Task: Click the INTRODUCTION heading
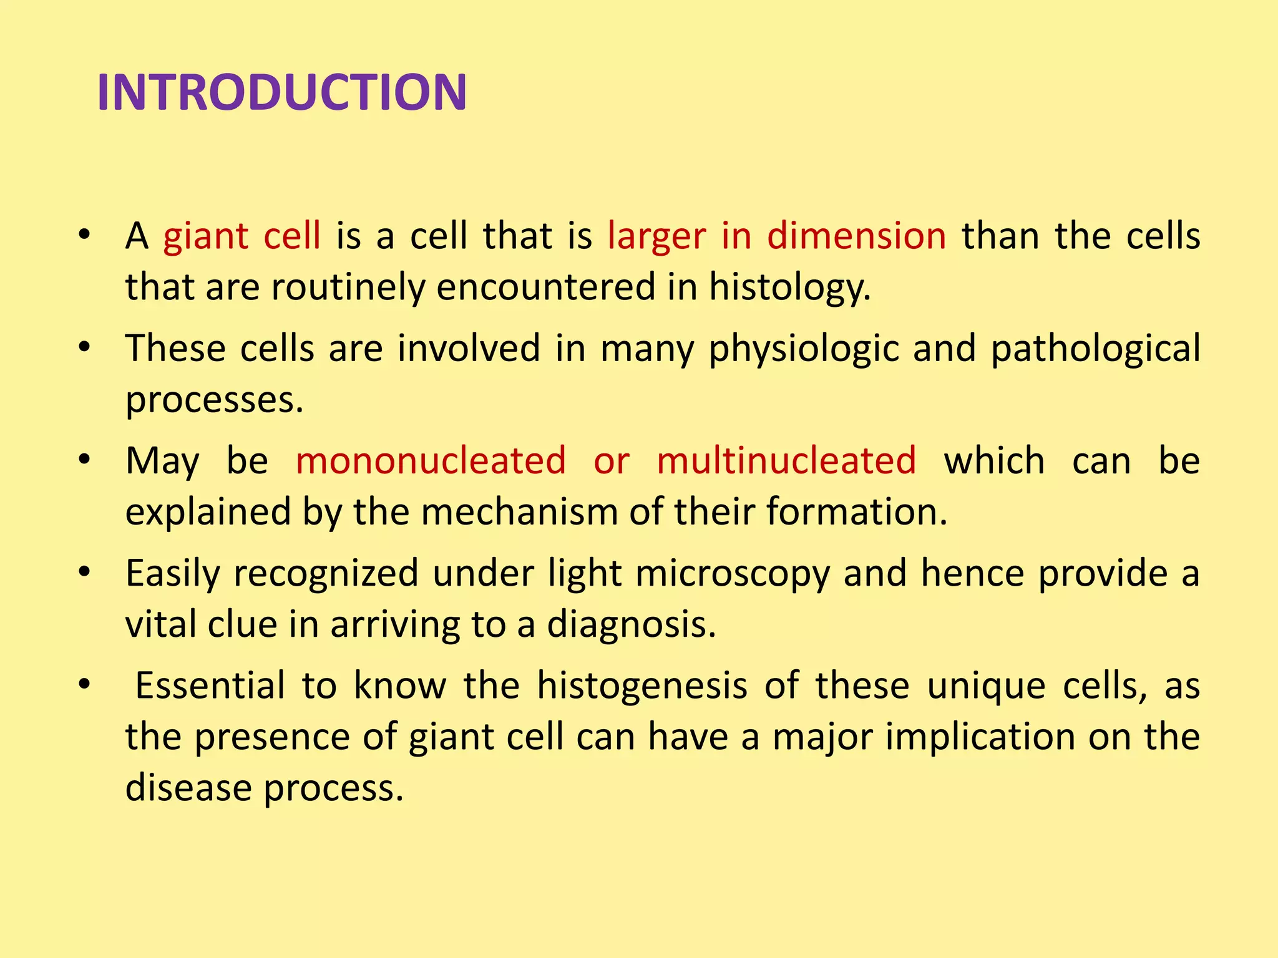point(282,93)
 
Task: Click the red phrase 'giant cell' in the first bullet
point(242,236)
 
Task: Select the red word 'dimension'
point(856,236)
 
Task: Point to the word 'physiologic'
point(804,349)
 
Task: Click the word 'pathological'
point(1095,349)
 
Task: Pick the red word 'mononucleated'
point(431,461)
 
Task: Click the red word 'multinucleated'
point(786,461)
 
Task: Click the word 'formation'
point(856,512)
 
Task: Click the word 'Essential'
point(210,685)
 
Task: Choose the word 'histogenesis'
point(642,687)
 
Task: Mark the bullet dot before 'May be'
point(85,461)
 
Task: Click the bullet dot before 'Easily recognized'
point(85,573)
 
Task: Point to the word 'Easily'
point(173,574)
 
